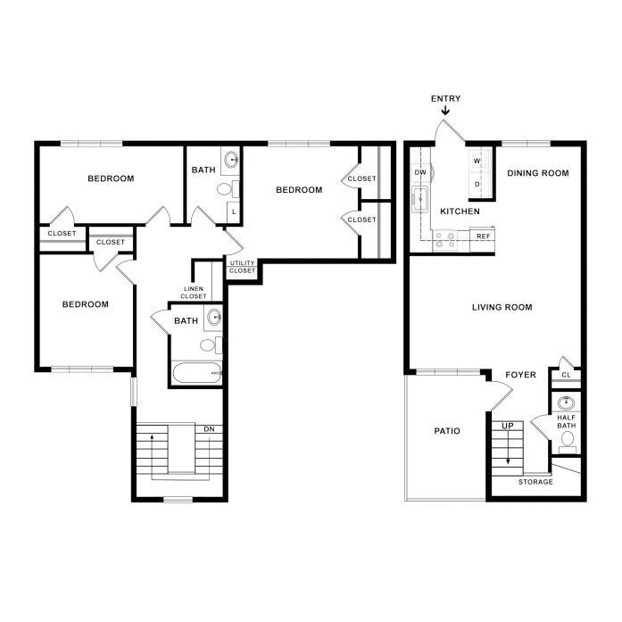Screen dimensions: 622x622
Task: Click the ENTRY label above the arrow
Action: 445,98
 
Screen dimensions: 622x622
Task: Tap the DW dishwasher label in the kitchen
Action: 420,172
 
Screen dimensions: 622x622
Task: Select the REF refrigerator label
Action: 483,236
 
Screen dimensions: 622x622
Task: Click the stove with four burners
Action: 444,240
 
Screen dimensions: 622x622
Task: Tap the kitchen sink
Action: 419,199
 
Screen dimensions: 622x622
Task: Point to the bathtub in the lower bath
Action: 196,373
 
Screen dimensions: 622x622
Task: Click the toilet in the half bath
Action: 568,442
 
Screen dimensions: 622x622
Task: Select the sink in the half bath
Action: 566,403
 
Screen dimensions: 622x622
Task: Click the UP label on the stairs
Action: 508,426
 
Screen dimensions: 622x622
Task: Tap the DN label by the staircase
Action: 209,429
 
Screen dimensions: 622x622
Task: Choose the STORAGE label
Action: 535,482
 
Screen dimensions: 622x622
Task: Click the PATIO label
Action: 447,431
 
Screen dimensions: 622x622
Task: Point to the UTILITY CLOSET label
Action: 242,267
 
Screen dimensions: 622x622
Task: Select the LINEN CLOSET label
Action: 194,293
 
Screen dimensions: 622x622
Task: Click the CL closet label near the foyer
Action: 566,375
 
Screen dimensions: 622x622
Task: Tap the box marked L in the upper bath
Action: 234,211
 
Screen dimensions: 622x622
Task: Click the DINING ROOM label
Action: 538,173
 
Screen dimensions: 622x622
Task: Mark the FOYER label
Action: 520,375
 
